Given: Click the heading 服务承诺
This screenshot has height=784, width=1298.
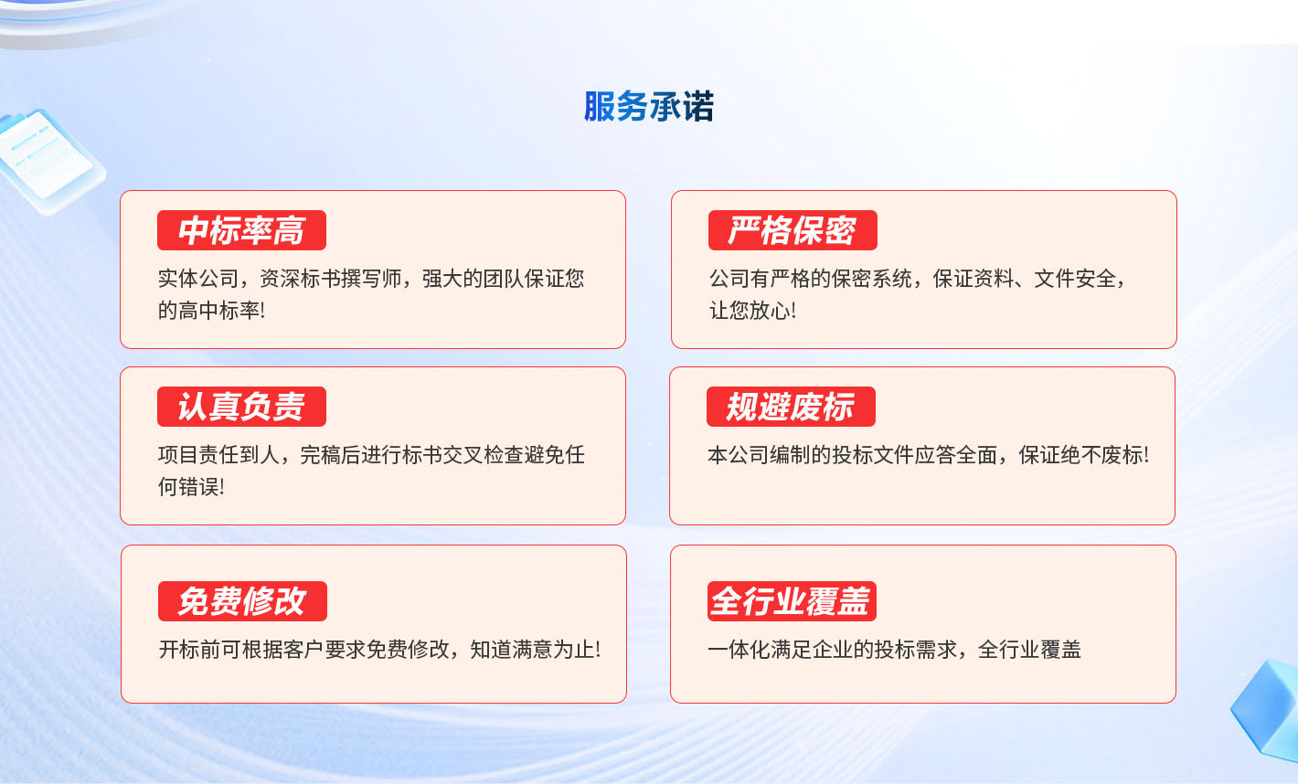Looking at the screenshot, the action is tap(648, 106).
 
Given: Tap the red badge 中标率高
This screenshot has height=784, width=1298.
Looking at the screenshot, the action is tap(241, 230).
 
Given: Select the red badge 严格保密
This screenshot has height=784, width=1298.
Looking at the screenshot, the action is tap(793, 230).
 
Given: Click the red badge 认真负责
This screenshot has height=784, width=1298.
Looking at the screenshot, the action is tap(241, 407).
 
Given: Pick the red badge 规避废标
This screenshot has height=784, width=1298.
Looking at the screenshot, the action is tap(791, 407).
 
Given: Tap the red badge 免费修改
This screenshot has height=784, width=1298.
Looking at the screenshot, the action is tap(242, 601).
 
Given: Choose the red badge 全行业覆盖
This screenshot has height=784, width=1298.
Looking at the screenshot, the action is tap(792, 601).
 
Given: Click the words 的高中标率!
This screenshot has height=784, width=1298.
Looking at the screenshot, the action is tap(211, 311).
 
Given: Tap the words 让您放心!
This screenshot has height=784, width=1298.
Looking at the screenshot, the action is tap(752, 311).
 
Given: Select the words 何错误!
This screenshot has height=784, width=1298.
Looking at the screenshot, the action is tap(191, 487).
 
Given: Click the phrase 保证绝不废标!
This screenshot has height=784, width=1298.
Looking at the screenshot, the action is tap(1083, 455).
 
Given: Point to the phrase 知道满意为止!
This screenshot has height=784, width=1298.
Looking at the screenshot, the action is tap(536, 650).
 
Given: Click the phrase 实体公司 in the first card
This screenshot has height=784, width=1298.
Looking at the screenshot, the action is tap(198, 279).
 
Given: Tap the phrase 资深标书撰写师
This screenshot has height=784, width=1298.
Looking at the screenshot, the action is tap(330, 279).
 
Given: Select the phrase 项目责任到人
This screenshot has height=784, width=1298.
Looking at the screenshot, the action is tap(219, 455).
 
